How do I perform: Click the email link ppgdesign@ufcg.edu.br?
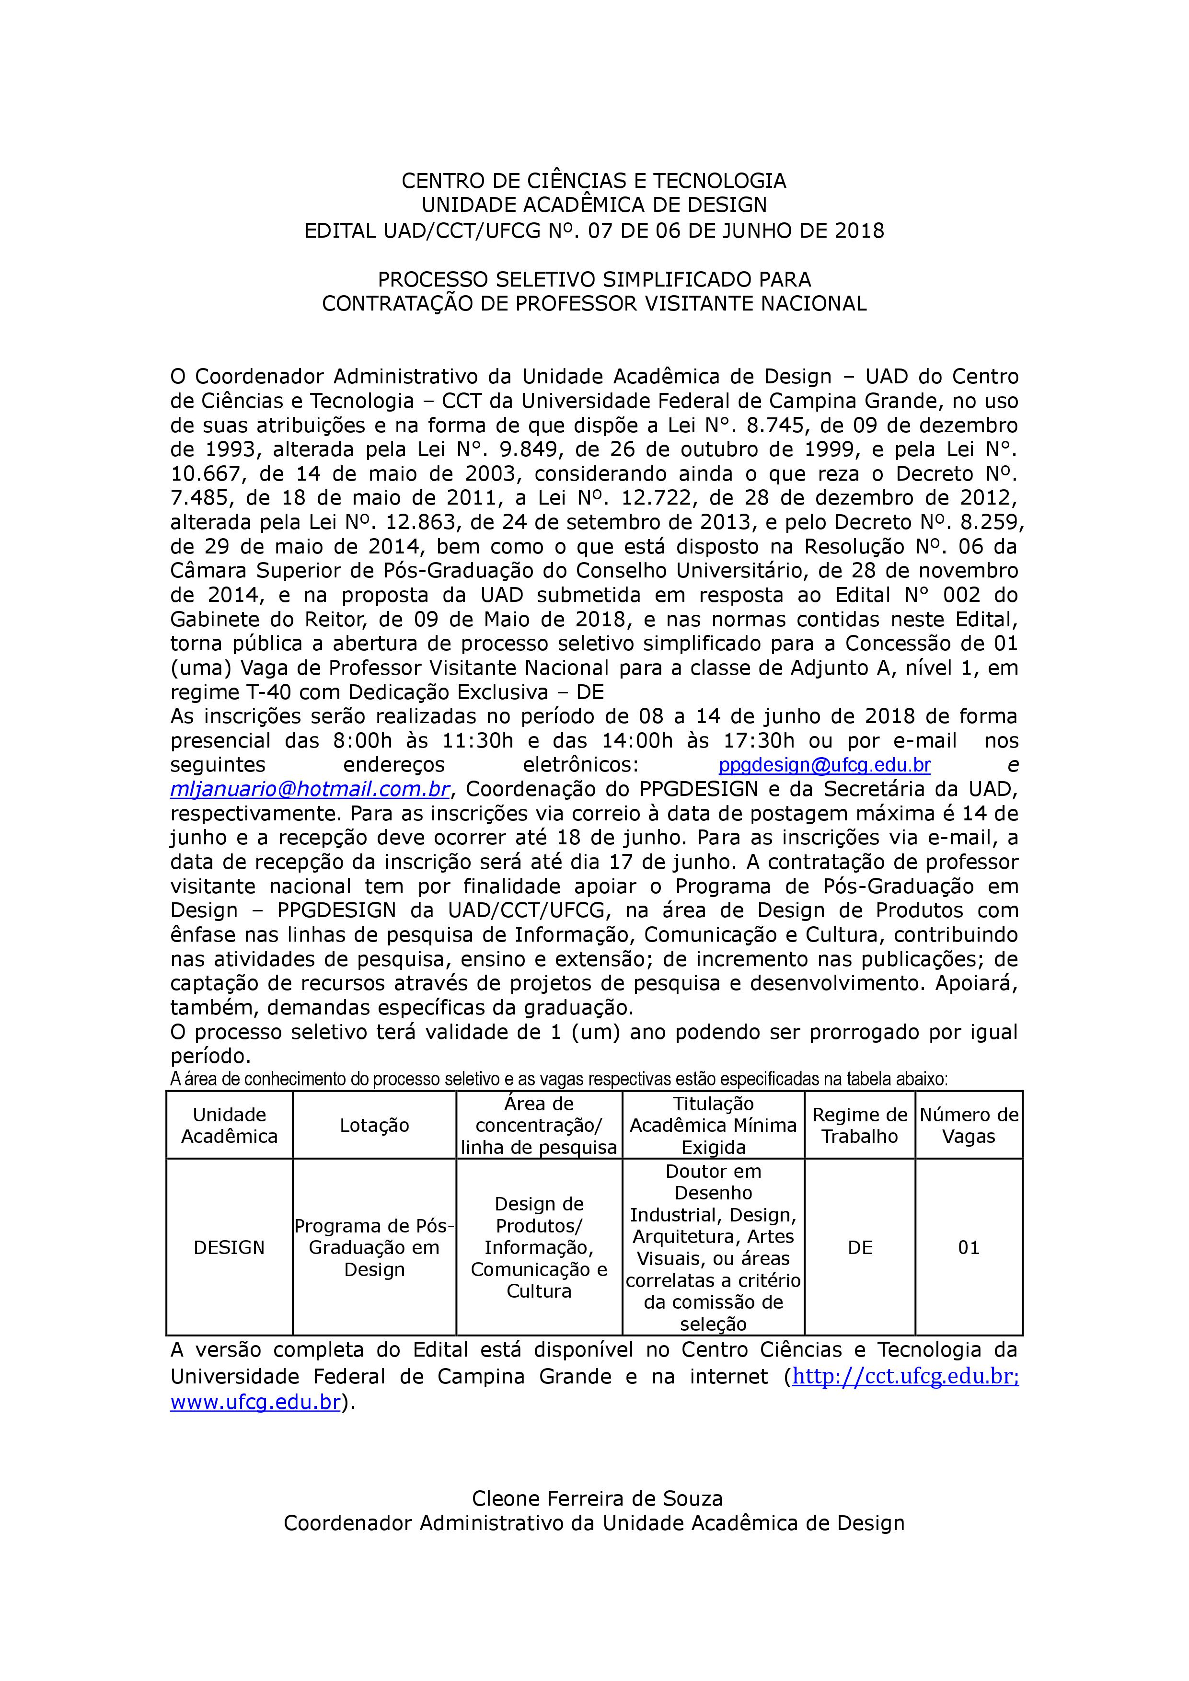pyautogui.click(x=824, y=766)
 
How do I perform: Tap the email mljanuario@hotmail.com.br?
pyautogui.click(x=310, y=790)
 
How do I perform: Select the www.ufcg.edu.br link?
pyautogui.click(x=255, y=1402)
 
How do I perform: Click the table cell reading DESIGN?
pyautogui.click(x=229, y=1247)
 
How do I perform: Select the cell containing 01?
pyautogui.click(x=969, y=1247)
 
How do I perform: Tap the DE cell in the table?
pyautogui.click(x=860, y=1247)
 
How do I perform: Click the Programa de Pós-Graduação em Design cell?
pyautogui.click(x=374, y=1247)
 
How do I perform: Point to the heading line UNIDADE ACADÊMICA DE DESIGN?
pyautogui.click(x=594, y=205)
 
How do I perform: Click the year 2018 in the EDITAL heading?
pyautogui.click(x=859, y=231)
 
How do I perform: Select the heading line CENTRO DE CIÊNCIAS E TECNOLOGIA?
pyautogui.click(x=594, y=180)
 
